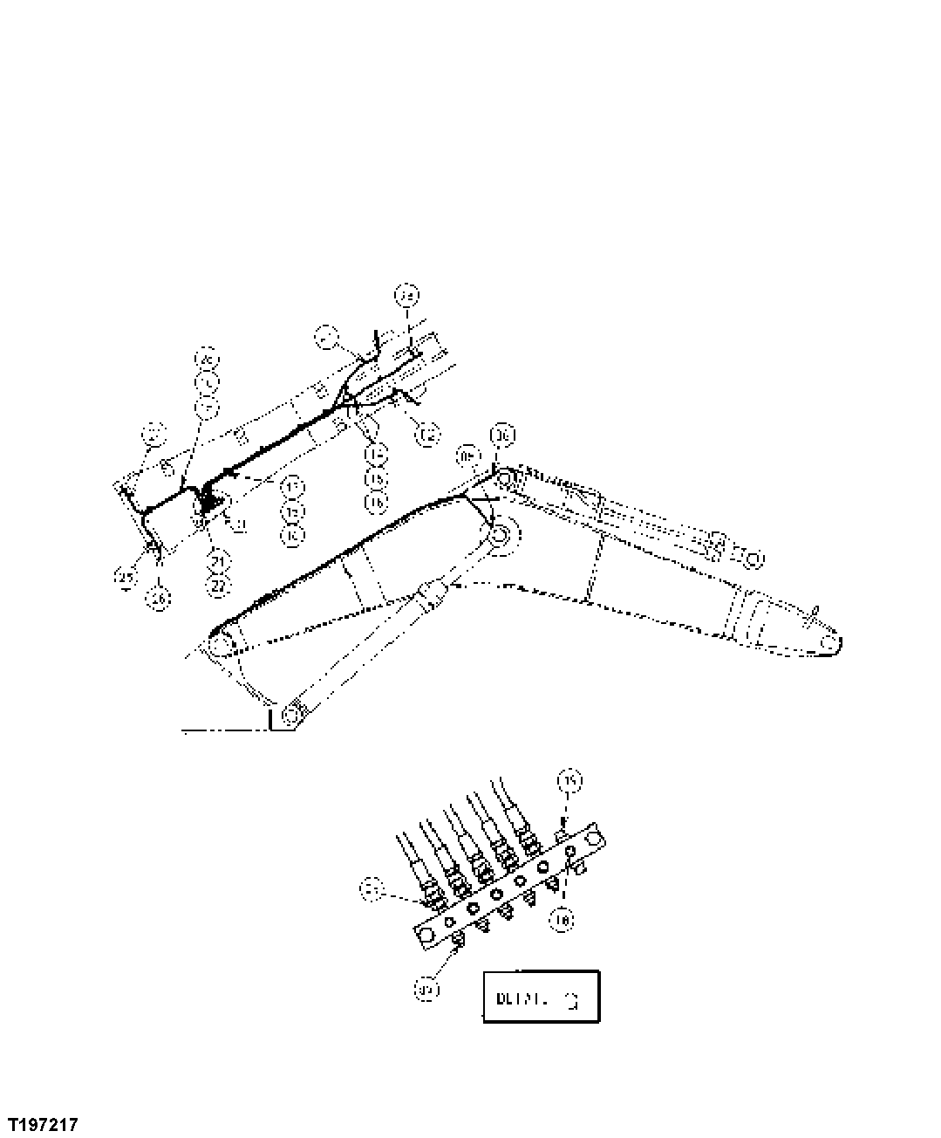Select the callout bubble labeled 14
pos(376,454)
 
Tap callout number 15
pos(376,478)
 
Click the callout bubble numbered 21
pos(217,560)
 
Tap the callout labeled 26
pos(158,599)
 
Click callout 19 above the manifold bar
pos(569,781)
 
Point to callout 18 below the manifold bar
pos(564,919)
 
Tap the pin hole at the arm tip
pos(829,643)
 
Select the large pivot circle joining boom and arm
pos(500,537)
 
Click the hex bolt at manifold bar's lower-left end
pos(426,934)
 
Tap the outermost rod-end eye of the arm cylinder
pos(752,558)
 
